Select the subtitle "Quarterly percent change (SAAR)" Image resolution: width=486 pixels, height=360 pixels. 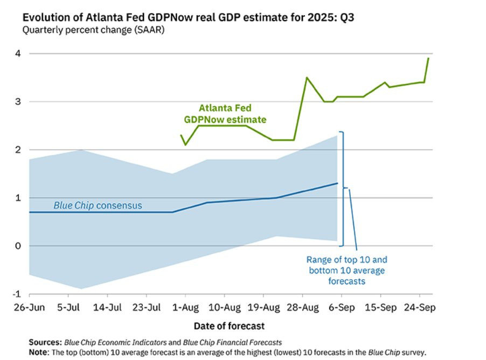(93, 30)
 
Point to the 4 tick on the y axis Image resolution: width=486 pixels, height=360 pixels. (17, 53)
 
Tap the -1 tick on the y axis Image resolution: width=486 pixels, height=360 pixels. (16, 294)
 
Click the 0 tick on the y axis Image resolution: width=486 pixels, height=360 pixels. (17, 246)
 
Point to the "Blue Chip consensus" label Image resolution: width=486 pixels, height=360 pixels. (98, 205)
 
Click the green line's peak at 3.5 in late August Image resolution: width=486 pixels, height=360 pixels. (307, 78)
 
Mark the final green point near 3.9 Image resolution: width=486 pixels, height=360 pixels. (428, 58)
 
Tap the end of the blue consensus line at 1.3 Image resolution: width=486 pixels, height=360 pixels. (338, 183)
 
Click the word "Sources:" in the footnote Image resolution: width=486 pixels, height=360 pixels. (46, 342)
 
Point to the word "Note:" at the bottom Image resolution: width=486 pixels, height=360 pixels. (40, 352)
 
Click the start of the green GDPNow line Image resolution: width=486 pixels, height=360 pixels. (181, 135)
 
